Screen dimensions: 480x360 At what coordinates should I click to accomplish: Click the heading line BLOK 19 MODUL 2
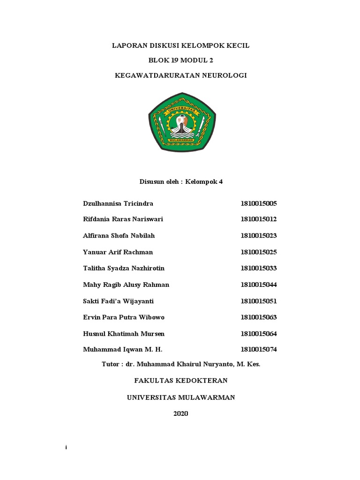pos(180,60)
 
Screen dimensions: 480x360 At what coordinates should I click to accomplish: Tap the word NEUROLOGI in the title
pos(221,75)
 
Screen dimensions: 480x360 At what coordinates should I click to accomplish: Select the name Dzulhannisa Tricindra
pos(118,203)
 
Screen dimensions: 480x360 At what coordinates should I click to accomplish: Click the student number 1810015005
pos(259,203)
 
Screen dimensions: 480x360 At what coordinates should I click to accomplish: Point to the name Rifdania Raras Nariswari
pos(123,219)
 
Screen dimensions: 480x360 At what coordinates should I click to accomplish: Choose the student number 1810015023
pos(259,236)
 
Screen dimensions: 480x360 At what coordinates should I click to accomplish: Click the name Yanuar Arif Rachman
pos(118,252)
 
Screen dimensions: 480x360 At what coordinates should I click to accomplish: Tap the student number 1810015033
pos(259,268)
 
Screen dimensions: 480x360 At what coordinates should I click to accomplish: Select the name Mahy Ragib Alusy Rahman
pos(126,285)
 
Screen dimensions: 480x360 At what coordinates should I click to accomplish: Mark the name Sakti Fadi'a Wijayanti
pos(118,301)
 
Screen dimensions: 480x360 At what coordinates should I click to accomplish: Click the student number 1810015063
pos(259,317)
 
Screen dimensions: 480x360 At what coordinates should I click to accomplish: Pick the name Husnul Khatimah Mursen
pos(123,334)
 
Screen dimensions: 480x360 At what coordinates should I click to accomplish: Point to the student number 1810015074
pos(259,350)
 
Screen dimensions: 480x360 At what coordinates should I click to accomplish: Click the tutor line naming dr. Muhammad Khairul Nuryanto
pos(180,364)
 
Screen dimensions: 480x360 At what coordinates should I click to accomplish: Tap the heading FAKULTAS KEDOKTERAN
pos(180,381)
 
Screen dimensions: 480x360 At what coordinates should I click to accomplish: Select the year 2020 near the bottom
pos(180,413)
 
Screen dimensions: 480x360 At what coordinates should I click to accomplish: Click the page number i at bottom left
pos(67,448)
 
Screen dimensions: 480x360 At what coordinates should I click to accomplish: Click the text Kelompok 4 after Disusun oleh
pos(204,182)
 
